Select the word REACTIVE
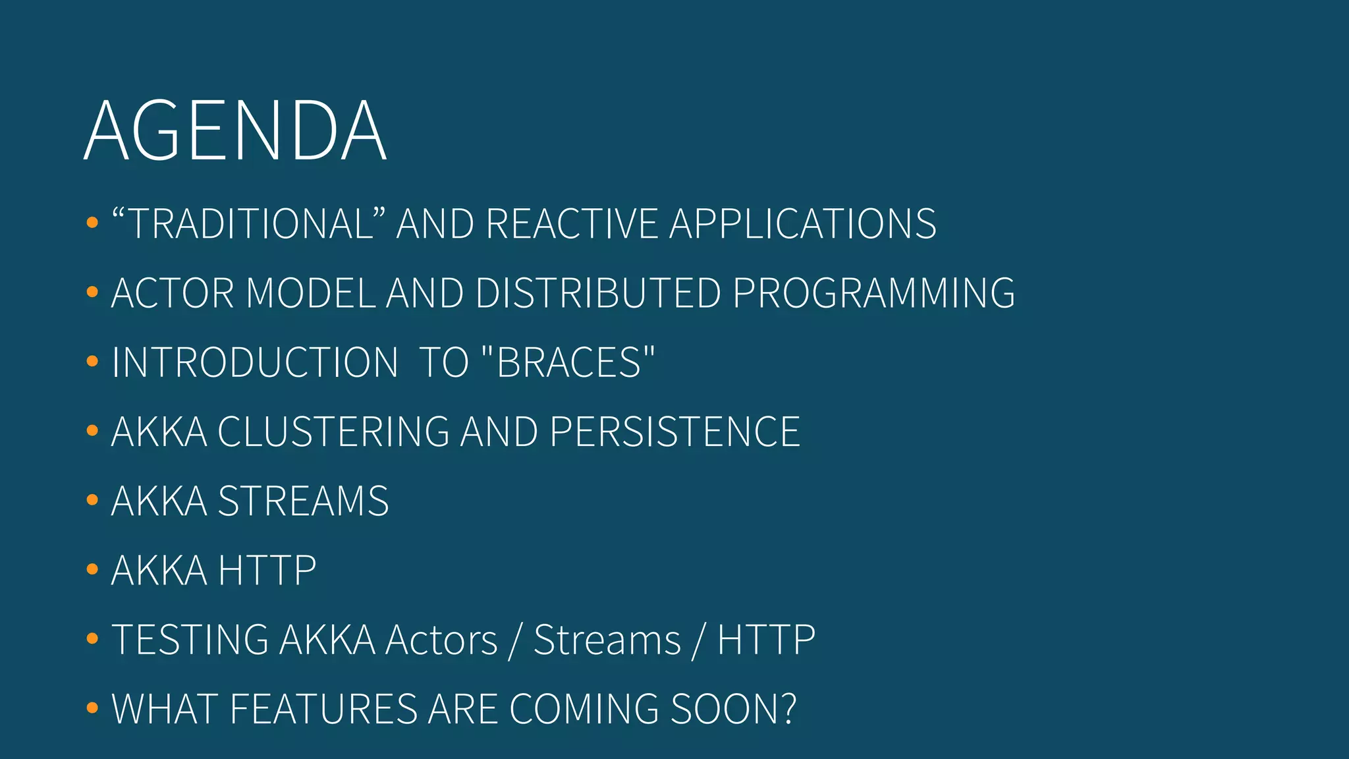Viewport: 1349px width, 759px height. pyautogui.click(x=572, y=224)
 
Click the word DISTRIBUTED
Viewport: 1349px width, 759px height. pyautogui.click(x=598, y=293)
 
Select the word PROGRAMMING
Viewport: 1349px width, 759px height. pyautogui.click(x=873, y=293)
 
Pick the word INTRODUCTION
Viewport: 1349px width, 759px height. pyautogui.click(x=254, y=362)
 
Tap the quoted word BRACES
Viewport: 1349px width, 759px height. pyautogui.click(x=568, y=362)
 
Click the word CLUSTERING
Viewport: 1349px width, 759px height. pyautogui.click(x=333, y=432)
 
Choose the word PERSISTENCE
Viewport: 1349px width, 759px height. pyautogui.click(x=674, y=432)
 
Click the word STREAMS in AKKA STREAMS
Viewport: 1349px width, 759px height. pyautogui.click(x=303, y=501)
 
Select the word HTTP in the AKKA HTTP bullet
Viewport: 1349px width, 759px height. pyautogui.click(x=267, y=571)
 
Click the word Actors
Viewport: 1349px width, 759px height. pyautogui.click(x=441, y=640)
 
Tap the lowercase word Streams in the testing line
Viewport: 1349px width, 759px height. pyautogui.click(x=607, y=640)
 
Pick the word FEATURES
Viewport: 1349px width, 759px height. pyautogui.click(x=323, y=710)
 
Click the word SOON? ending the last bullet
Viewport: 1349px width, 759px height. pyautogui.click(x=733, y=710)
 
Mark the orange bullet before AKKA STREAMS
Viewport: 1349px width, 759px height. pyautogui.click(x=92, y=500)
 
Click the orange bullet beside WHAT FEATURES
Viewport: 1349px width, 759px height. pyautogui.click(x=92, y=708)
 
